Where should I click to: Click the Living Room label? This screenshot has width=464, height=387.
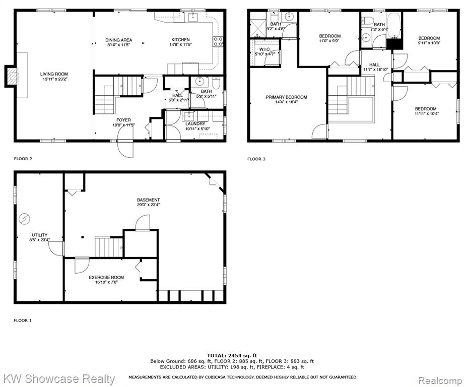click(x=54, y=74)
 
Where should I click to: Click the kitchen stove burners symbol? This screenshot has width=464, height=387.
click(x=218, y=41)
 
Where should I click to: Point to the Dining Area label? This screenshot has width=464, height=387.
click(x=119, y=40)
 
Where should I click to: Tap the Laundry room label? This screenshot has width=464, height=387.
click(x=195, y=123)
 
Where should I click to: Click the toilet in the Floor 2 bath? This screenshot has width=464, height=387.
click(x=216, y=84)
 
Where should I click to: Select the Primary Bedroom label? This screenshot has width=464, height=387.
click(x=286, y=97)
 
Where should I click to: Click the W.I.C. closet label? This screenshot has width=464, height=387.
click(x=264, y=49)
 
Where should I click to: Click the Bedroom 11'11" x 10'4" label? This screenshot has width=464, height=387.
click(x=426, y=109)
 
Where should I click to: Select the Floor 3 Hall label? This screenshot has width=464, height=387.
click(x=374, y=65)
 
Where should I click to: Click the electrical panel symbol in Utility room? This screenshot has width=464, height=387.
click(x=24, y=219)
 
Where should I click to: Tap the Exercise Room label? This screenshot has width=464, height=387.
click(x=106, y=277)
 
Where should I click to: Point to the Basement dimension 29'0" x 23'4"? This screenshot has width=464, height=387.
click(x=148, y=205)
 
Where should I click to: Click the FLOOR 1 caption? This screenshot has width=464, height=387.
click(x=23, y=320)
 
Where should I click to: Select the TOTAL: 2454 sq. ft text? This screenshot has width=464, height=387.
click(x=232, y=356)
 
